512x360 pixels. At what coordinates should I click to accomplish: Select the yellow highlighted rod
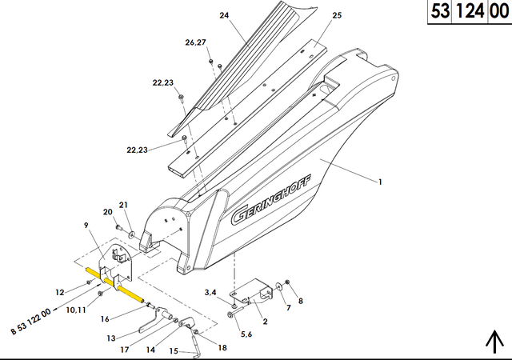click(x=114, y=285)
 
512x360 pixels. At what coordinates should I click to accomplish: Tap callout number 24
click(x=224, y=15)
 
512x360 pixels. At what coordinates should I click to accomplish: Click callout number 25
click(x=337, y=15)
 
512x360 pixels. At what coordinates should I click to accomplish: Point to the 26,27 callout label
click(x=195, y=42)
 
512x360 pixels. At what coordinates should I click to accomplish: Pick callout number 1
click(x=380, y=182)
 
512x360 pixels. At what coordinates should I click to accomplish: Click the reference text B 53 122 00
click(x=31, y=321)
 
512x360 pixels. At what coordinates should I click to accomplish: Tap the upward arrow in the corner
click(x=495, y=342)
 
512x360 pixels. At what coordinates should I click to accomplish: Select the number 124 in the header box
click(x=470, y=11)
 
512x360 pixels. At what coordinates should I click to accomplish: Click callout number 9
click(x=86, y=225)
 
